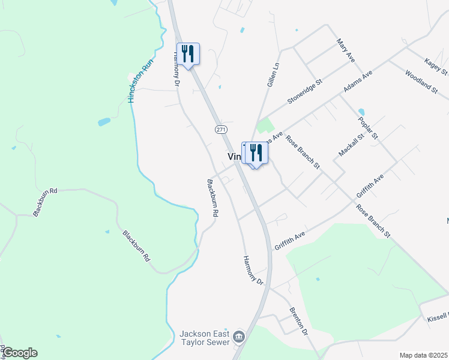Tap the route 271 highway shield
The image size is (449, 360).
point(221,129)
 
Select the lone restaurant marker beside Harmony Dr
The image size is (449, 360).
point(188,53)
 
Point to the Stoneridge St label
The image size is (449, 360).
point(304,91)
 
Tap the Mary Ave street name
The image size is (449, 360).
point(346,50)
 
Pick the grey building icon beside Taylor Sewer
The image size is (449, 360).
point(240,337)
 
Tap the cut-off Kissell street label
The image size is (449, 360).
point(438,316)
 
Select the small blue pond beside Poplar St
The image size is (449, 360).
point(361,112)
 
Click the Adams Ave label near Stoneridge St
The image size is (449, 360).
point(358,80)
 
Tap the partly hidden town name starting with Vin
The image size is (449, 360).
point(234,156)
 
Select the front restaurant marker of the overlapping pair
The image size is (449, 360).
point(257,153)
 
